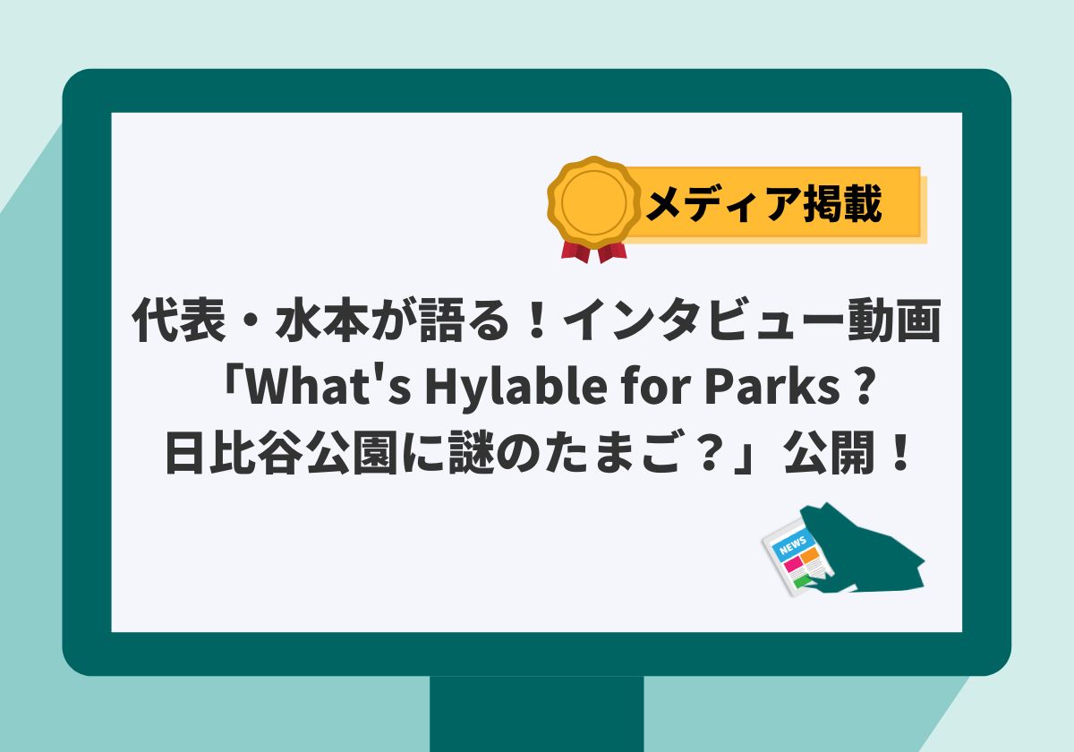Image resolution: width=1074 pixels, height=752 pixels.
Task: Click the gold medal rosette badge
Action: [x=594, y=202]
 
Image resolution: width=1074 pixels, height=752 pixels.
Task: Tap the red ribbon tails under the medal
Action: [x=594, y=252]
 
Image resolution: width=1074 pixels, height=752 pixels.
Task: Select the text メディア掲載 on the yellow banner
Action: [x=763, y=204]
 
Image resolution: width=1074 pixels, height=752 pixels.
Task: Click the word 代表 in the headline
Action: [x=179, y=320]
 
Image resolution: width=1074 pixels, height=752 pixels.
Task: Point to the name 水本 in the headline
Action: [x=322, y=320]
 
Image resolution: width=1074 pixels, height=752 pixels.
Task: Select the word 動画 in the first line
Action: [x=895, y=320]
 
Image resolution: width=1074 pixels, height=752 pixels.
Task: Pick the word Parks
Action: [x=771, y=387]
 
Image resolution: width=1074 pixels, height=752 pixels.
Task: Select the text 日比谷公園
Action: [x=281, y=453]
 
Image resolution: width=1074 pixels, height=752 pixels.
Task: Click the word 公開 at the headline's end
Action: [x=831, y=453]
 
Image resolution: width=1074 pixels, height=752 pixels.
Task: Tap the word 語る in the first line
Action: [x=465, y=320]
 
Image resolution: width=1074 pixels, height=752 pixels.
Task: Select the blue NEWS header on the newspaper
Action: [x=794, y=545]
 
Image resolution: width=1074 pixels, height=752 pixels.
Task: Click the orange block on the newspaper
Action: [x=810, y=556]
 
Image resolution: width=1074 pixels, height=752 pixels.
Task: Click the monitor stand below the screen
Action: [x=536, y=714]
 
